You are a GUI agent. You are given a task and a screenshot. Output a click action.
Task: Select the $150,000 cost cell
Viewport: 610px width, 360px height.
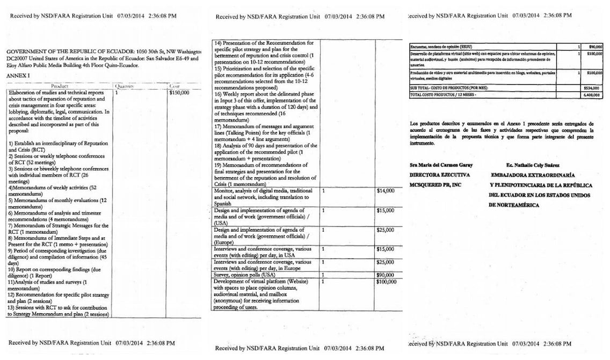tap(179, 93)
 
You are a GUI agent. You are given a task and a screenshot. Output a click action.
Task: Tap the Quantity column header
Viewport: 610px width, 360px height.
tap(127, 85)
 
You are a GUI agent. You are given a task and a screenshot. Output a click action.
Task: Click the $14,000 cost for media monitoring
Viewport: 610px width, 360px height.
tap(386, 190)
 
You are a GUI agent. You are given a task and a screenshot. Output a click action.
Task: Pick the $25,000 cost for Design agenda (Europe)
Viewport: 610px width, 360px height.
tap(386, 230)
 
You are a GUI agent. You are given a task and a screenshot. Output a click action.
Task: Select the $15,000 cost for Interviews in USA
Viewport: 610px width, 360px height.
tap(386, 249)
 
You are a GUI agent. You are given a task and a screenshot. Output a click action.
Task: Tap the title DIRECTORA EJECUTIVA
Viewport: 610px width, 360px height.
tap(440, 175)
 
